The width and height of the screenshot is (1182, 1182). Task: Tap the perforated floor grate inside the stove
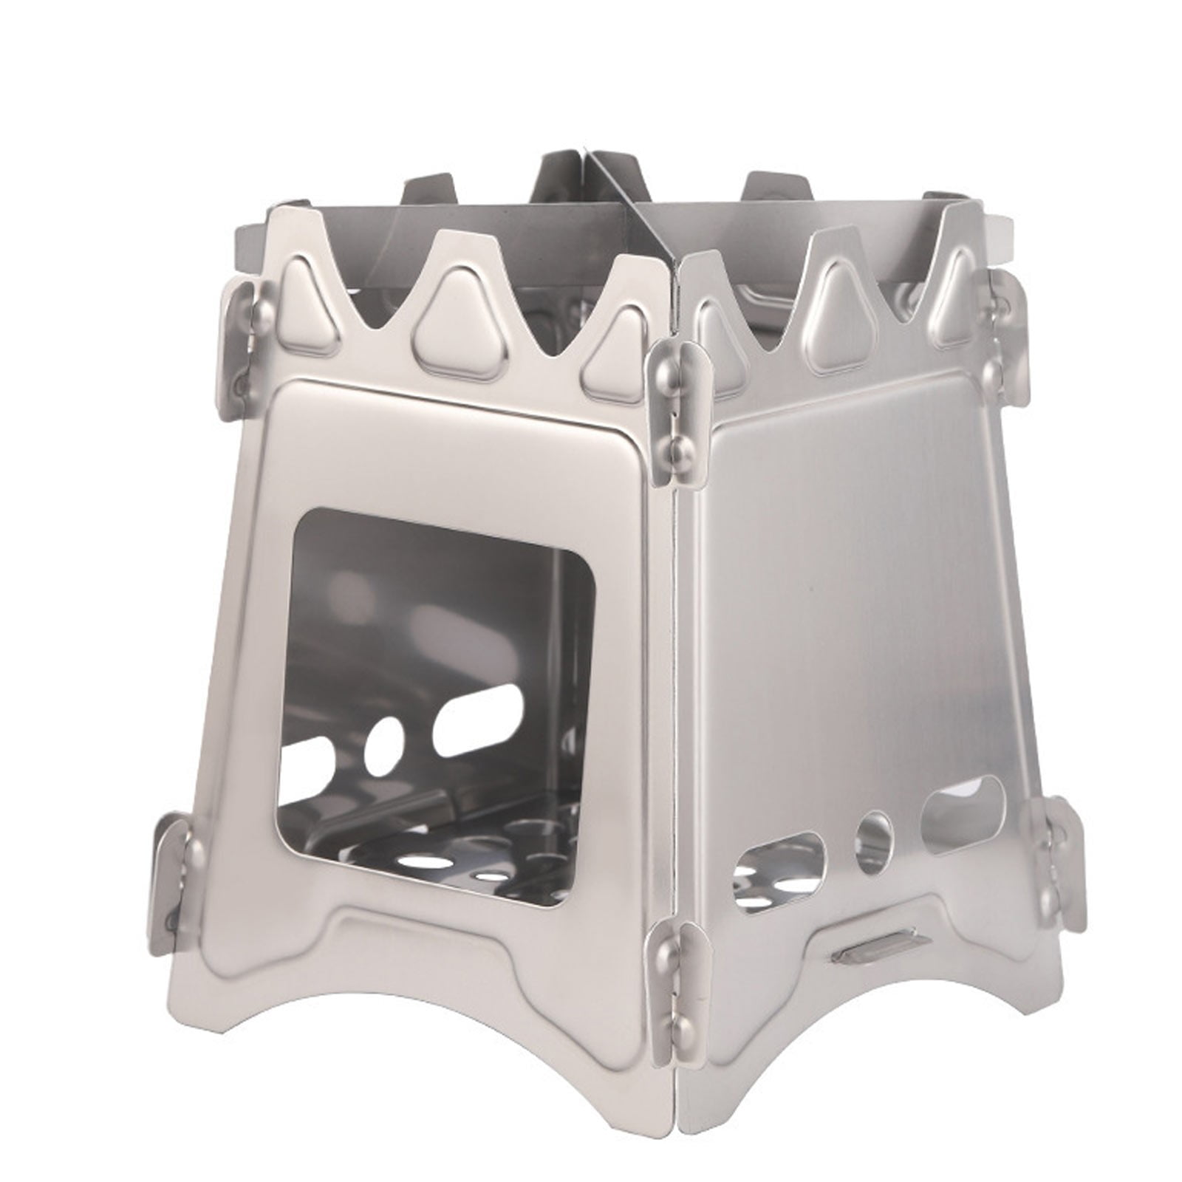(458, 872)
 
